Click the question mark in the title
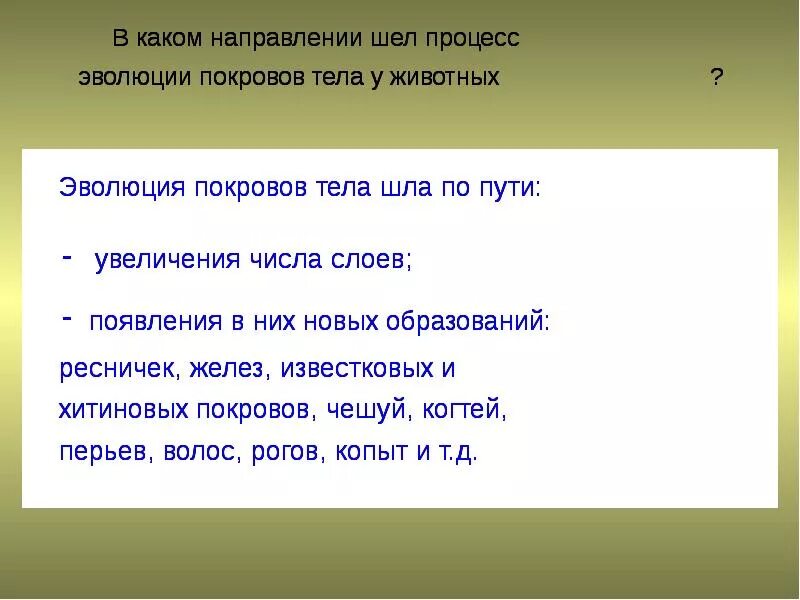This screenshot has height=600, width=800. pyautogui.click(x=716, y=78)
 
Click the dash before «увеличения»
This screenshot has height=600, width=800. pyautogui.click(x=66, y=256)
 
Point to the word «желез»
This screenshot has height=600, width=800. pyautogui.click(x=232, y=368)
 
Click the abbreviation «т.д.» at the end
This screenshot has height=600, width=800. pyautogui.click(x=456, y=451)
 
